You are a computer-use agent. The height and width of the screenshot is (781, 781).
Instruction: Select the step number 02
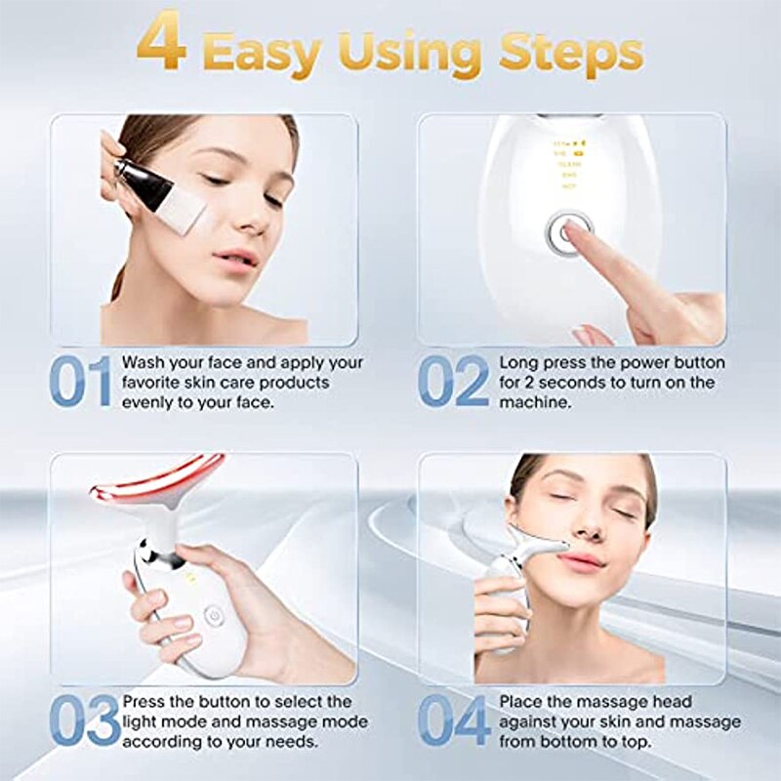(x=453, y=381)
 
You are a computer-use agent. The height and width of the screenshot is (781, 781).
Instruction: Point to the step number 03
(x=83, y=720)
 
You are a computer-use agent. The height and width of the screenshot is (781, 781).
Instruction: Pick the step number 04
(x=454, y=720)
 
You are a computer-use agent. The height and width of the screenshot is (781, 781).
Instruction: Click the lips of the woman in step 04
(x=582, y=561)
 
